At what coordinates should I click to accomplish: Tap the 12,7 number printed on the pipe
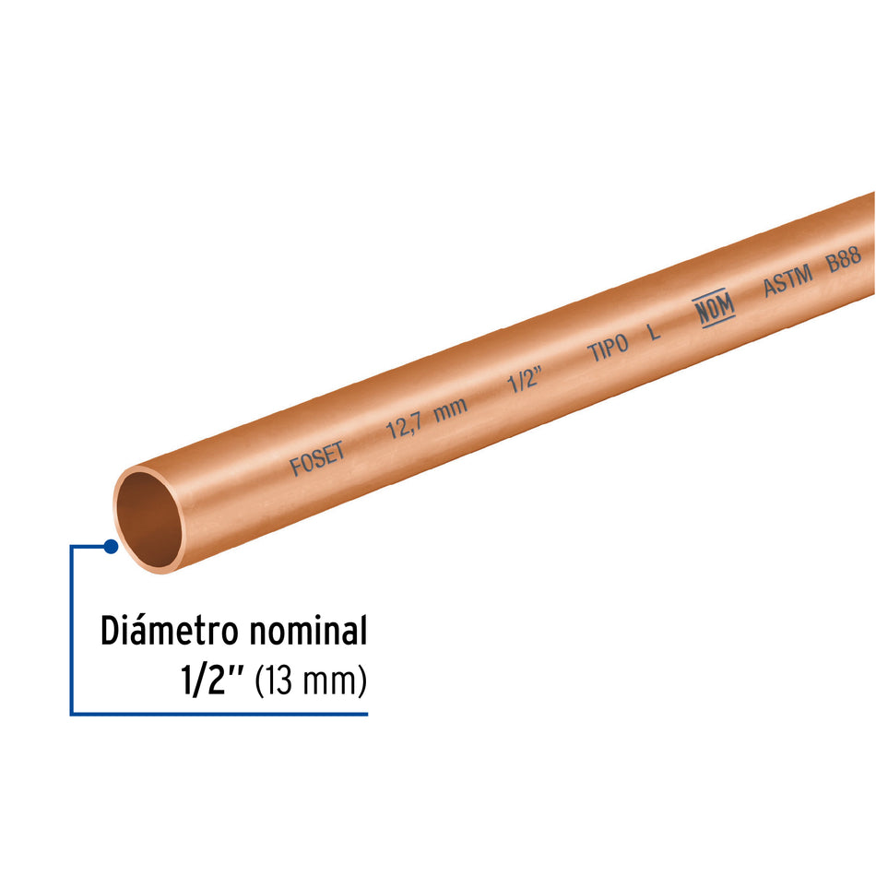(x=403, y=425)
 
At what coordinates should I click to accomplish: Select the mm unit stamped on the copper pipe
(x=451, y=408)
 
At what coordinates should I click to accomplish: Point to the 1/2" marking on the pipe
(x=524, y=382)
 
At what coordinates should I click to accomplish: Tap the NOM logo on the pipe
(x=715, y=312)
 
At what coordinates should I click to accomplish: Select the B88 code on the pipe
(x=844, y=259)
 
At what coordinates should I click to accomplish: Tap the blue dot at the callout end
(x=111, y=546)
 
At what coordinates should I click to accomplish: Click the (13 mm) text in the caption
(x=311, y=682)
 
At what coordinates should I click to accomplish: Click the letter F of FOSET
(x=296, y=468)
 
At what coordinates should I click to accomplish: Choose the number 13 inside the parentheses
(x=281, y=682)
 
